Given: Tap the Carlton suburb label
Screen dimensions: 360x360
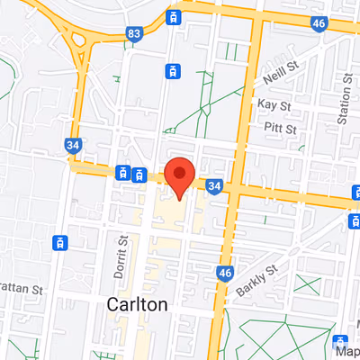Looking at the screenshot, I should click(x=137, y=304).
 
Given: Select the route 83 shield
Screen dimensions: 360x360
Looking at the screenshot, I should click(x=135, y=34).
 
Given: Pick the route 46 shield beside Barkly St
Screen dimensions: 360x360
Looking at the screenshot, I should click(x=225, y=272).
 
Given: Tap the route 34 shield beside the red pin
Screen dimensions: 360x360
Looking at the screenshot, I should click(x=213, y=185).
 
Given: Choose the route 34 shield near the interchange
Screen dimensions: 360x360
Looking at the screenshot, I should click(x=72, y=144).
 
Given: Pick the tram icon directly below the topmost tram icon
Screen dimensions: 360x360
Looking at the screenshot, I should click(x=171, y=70).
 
